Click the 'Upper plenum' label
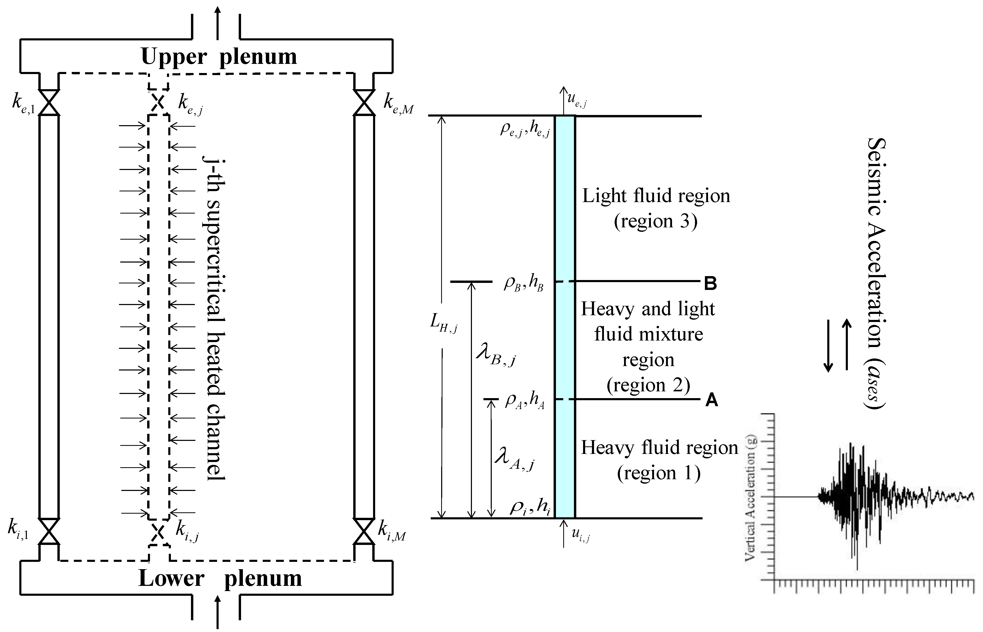(219, 57)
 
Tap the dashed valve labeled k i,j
(159, 533)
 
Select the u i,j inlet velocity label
(580, 535)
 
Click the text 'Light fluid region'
(656, 196)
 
